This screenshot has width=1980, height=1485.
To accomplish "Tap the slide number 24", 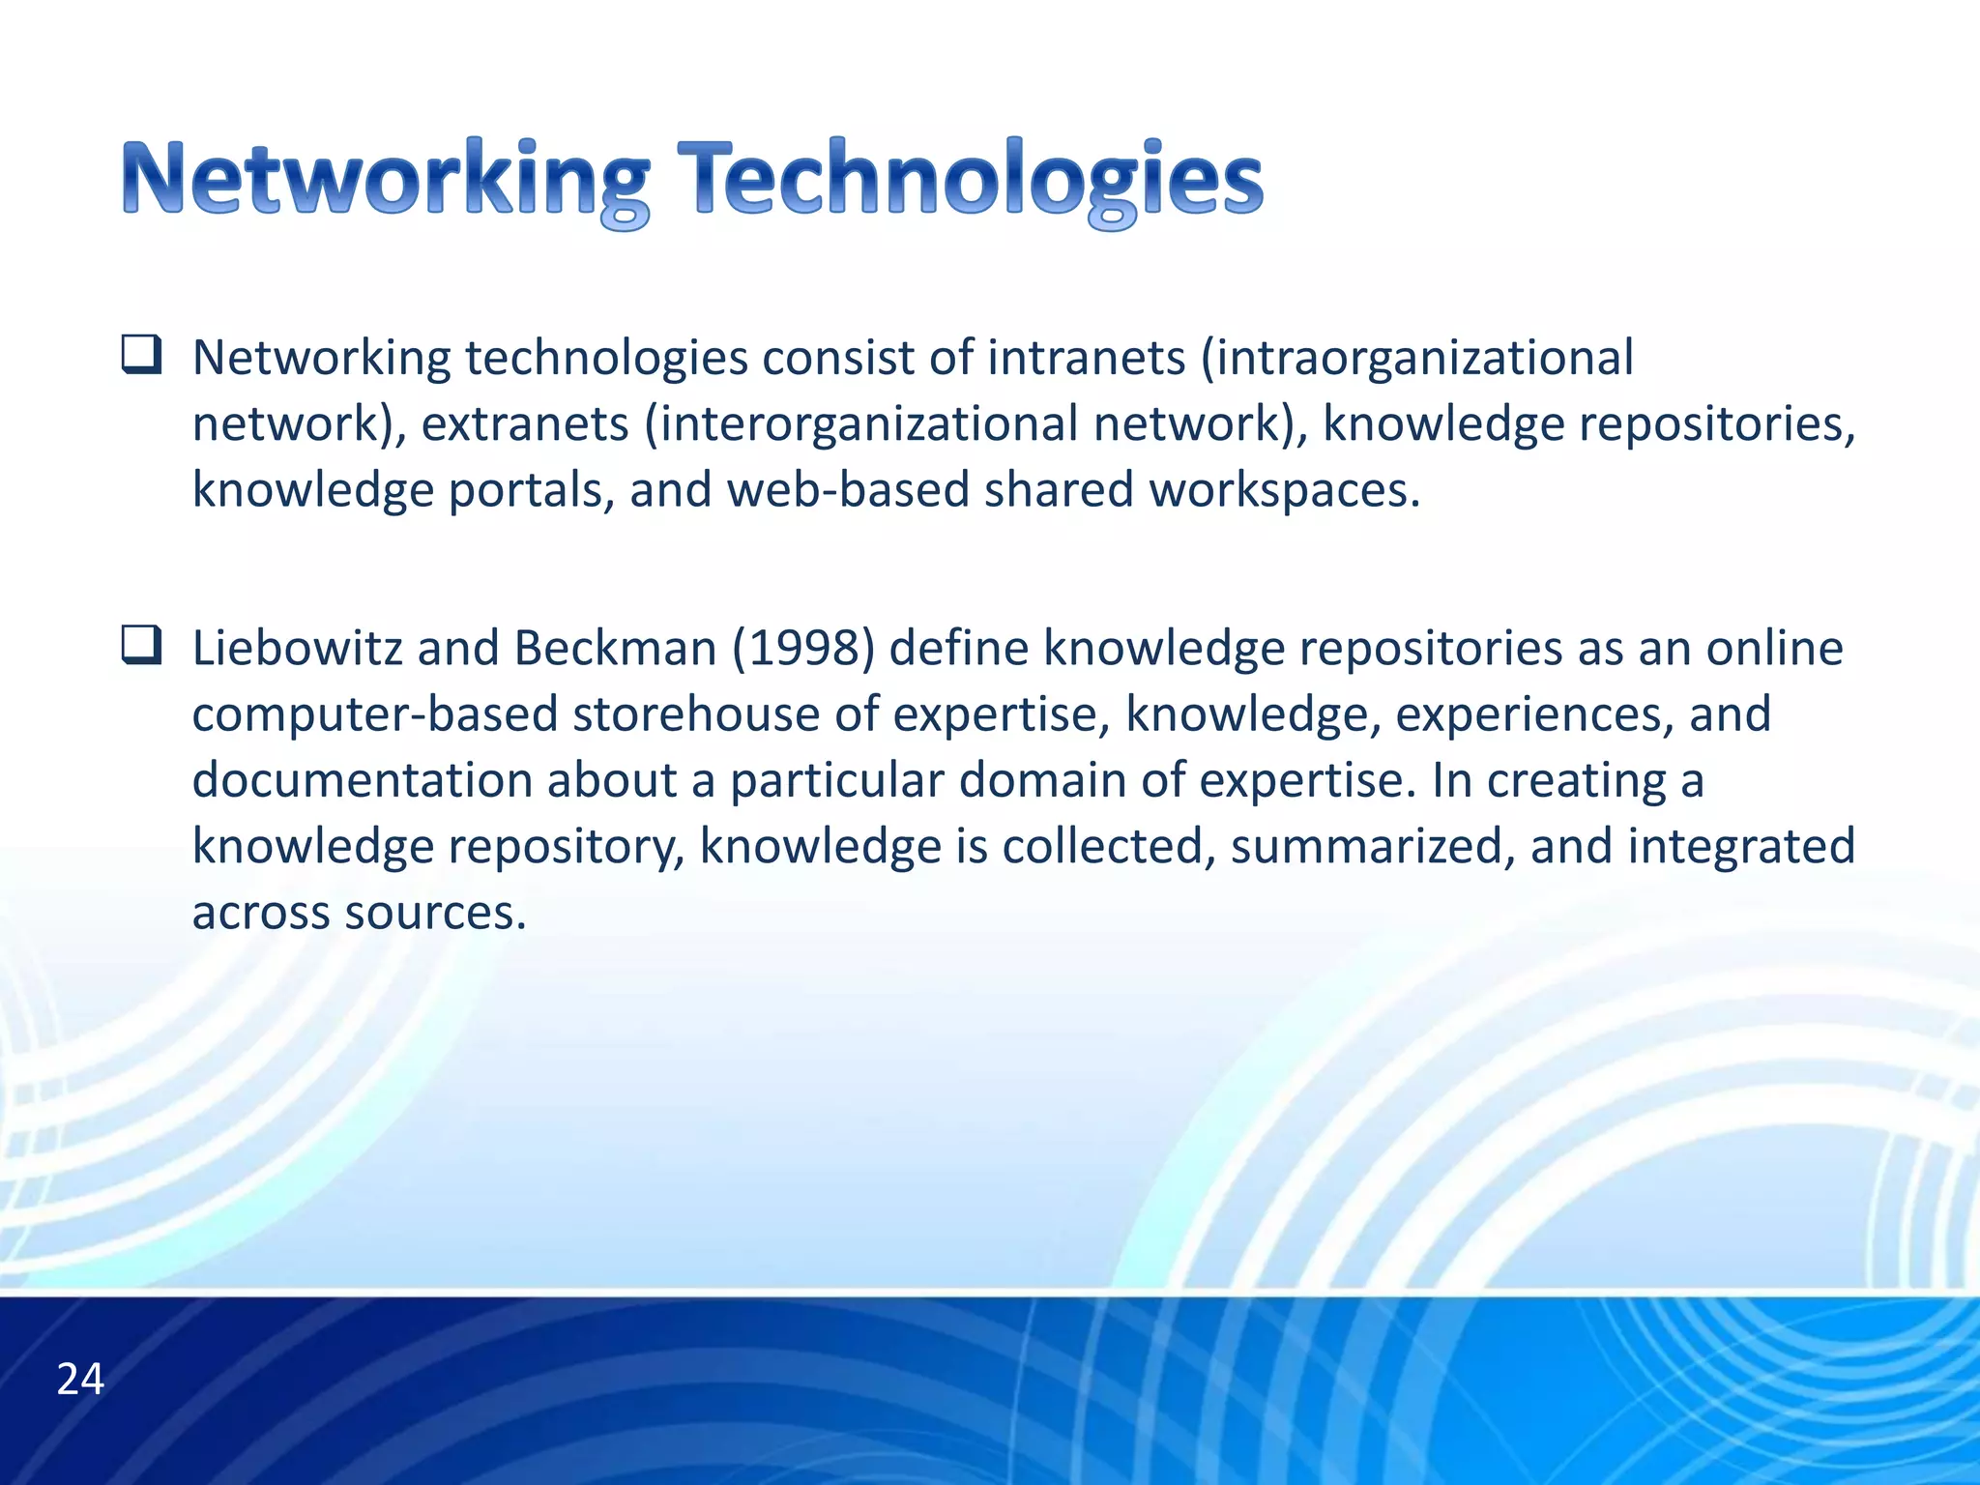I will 80,1380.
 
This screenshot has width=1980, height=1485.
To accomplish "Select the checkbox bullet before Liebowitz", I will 141,646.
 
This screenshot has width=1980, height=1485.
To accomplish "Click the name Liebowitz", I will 297,648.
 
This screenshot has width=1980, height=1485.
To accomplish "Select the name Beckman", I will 615,648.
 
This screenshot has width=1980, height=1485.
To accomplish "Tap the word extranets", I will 525,424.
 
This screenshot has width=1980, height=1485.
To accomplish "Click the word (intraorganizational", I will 1416,358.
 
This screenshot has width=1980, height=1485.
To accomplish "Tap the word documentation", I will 362,780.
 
